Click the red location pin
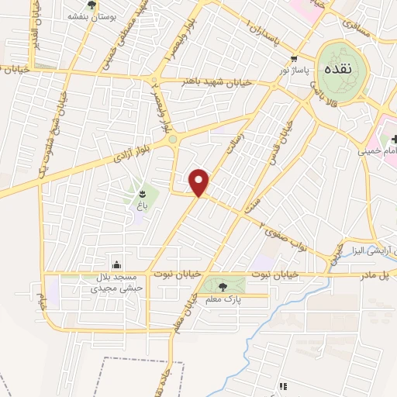200,182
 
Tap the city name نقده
342,67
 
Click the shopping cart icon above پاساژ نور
293,59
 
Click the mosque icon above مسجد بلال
116,264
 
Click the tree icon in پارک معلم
223,287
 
